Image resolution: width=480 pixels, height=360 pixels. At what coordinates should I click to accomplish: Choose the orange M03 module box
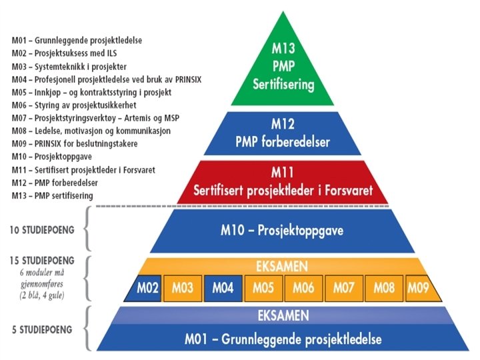183,289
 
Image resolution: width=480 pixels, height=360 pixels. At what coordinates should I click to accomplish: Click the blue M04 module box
223,289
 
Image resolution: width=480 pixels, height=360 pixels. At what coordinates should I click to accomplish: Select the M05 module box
263,289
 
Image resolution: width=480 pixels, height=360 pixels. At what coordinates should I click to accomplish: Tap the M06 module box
304,289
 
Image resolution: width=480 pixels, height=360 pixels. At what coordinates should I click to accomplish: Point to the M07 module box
345,289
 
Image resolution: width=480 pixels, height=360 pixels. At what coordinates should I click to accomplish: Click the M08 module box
385,289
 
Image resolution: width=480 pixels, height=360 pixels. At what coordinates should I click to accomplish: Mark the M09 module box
419,289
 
